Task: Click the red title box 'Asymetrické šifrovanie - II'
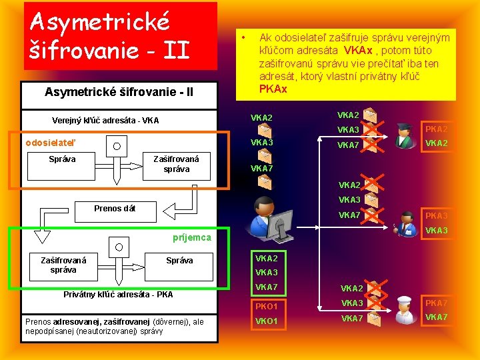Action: [120, 35]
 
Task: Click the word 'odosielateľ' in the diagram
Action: [51, 142]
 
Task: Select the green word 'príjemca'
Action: [191, 237]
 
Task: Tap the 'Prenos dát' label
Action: [115, 209]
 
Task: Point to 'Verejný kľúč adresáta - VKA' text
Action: [105, 121]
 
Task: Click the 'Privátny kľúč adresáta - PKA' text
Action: [118, 294]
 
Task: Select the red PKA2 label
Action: [437, 129]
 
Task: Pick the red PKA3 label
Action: [437, 216]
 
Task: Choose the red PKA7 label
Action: [437, 303]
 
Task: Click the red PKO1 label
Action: [267, 307]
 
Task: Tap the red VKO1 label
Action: [267, 321]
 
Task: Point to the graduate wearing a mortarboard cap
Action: [403, 135]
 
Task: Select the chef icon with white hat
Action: [403, 310]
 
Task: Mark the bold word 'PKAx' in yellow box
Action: [273, 89]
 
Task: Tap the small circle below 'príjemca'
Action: [119, 247]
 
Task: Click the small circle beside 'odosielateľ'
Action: [117, 147]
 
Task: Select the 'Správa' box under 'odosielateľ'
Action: [63, 159]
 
